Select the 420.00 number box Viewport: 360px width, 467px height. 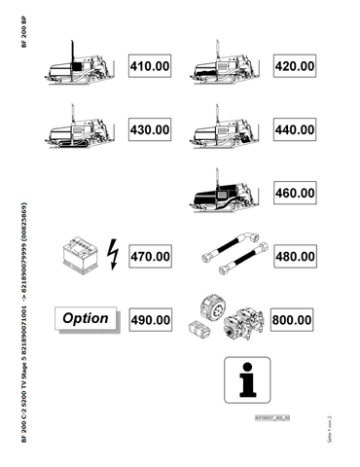click(294, 67)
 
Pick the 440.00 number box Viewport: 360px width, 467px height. click(294, 129)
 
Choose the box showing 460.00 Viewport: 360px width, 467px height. click(294, 194)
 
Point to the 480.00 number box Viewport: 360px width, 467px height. click(294, 257)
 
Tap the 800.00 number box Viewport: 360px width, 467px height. click(294, 319)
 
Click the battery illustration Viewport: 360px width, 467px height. click(79, 256)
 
